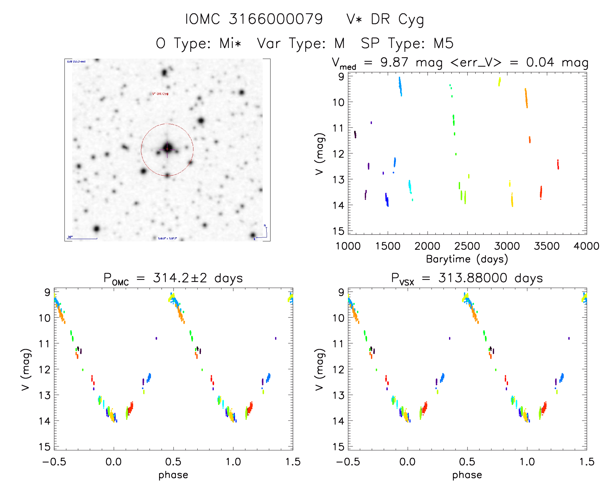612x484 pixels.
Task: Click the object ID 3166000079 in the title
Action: [276, 19]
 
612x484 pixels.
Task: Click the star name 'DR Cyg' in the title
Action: [397, 20]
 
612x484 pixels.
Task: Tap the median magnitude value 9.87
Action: [394, 62]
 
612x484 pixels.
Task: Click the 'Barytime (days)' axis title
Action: [467, 259]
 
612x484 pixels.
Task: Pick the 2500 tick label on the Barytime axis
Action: [467, 246]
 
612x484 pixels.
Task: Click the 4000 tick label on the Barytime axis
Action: [586, 246]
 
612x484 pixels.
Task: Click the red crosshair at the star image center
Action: [167, 149]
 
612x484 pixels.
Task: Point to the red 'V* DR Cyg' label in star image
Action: [160, 94]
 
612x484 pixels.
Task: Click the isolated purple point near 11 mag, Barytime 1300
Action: [371, 122]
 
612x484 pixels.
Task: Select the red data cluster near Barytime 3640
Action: [558, 164]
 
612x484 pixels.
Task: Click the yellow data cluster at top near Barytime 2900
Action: [499, 82]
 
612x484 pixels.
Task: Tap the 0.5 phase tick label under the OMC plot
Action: [173, 462]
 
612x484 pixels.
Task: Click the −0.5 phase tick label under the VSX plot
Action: [348, 462]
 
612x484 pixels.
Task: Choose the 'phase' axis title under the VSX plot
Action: [467, 475]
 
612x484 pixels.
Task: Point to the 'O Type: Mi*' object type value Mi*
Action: [230, 43]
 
